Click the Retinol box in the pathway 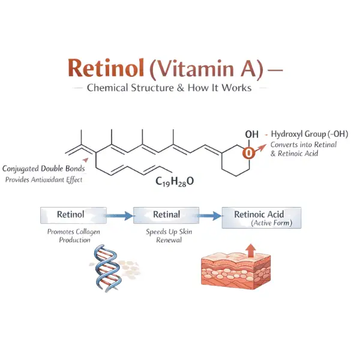(x=73, y=214)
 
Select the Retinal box (x=166, y=214)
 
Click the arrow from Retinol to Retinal (x=120, y=215)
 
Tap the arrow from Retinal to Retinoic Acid (x=209, y=215)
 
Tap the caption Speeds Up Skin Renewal (x=166, y=235)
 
